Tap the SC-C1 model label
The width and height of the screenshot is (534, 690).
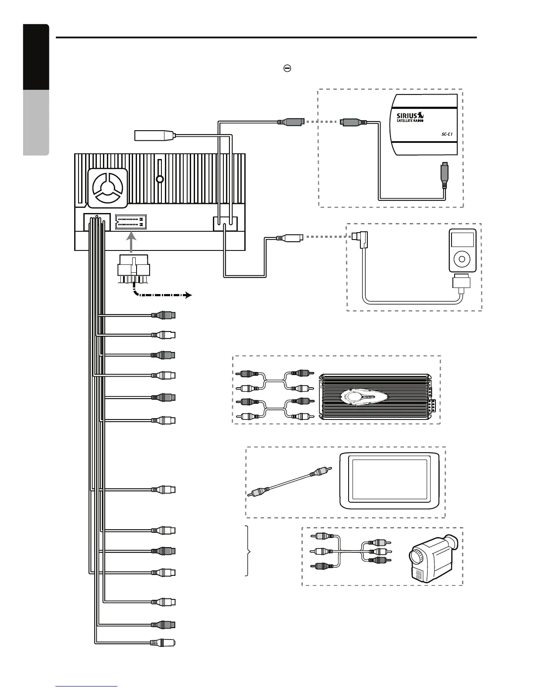pyautogui.click(x=445, y=135)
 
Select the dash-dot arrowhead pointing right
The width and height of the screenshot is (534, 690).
pyautogui.click(x=188, y=295)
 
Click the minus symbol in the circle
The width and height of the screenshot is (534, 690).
pyautogui.click(x=288, y=68)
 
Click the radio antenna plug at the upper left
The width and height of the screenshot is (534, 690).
pyautogui.click(x=154, y=136)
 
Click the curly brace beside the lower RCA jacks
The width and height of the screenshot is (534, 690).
pyautogui.click(x=249, y=551)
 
